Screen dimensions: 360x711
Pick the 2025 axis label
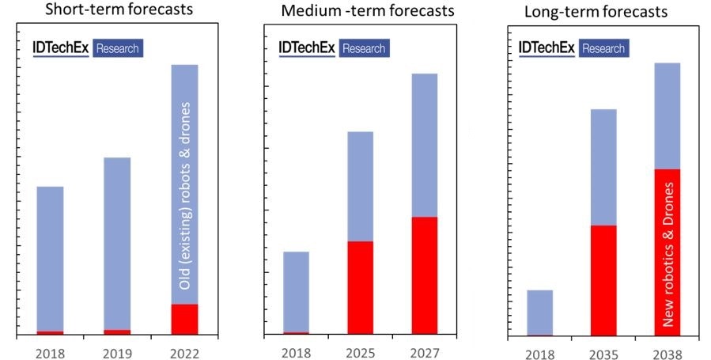point(360,352)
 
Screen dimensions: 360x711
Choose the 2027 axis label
point(425,352)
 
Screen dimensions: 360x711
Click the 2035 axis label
point(603,354)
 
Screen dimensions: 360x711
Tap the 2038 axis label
point(668,354)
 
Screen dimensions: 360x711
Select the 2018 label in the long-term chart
point(539,354)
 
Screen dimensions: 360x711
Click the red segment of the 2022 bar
point(184,319)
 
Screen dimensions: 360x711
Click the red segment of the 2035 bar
point(603,281)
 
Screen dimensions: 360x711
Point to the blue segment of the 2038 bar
point(668,116)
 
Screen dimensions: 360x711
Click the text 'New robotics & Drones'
point(668,253)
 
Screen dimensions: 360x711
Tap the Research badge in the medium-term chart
point(364,48)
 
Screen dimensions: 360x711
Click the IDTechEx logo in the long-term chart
point(546,47)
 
